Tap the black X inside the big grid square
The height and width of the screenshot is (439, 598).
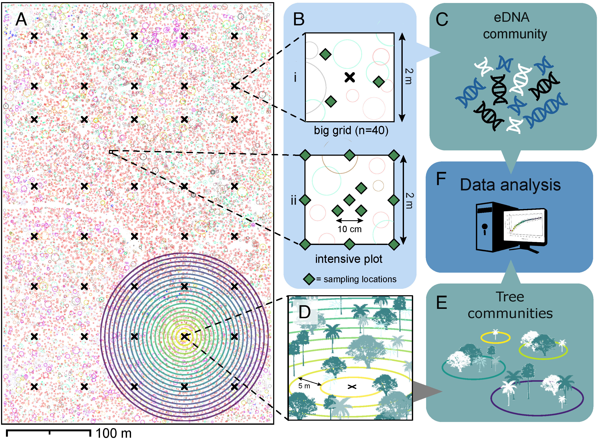click(350, 77)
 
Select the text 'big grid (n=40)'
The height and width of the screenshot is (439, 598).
click(351, 131)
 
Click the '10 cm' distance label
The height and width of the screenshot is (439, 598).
click(349, 229)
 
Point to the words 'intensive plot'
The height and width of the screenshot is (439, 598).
click(348, 259)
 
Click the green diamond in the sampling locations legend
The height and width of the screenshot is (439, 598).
click(309, 279)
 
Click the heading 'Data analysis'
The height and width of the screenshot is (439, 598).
click(510, 185)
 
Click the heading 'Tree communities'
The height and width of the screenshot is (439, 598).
click(510, 305)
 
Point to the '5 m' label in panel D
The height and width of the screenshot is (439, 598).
click(304, 386)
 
